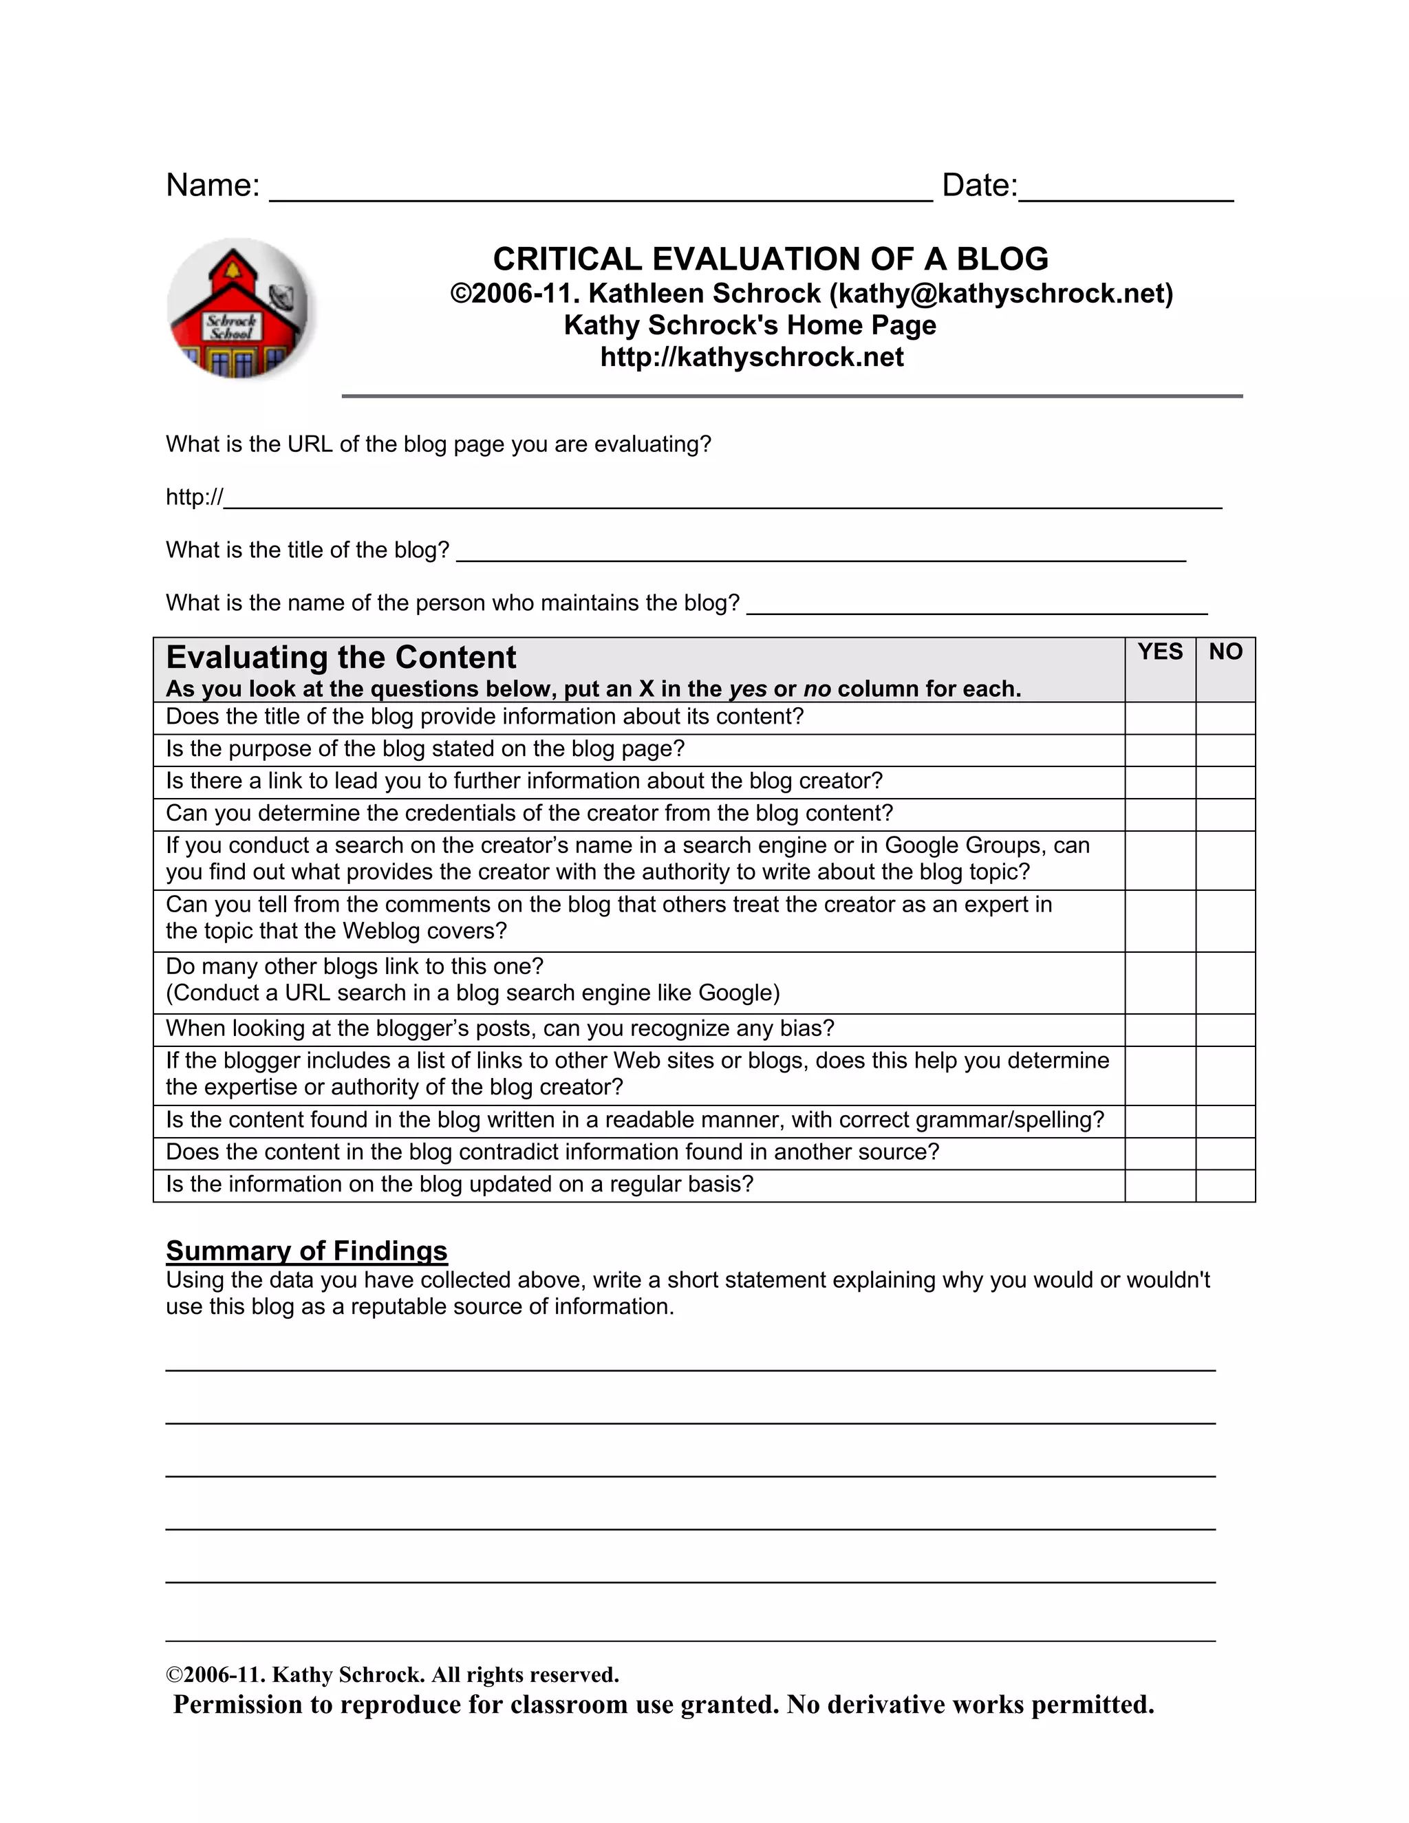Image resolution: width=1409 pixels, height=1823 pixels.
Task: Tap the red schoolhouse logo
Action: (238, 309)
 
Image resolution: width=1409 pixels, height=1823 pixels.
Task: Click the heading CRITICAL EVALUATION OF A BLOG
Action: (771, 259)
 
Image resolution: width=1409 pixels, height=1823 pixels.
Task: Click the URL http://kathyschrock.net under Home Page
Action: (751, 357)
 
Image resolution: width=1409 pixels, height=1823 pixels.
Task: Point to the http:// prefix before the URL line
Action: (193, 497)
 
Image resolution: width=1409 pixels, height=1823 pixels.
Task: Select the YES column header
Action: (1159, 652)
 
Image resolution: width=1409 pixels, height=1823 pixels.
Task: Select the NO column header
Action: (1225, 652)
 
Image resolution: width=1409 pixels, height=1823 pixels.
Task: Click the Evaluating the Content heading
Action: (341, 658)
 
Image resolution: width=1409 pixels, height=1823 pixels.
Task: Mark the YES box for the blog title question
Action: (1159, 718)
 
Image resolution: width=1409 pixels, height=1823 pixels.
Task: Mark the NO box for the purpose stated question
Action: (1225, 750)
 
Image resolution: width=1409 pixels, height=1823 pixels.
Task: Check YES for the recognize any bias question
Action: (1159, 1029)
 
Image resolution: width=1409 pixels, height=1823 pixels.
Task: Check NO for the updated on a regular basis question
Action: (1225, 1185)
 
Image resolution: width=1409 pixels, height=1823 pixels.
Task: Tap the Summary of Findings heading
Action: (306, 1251)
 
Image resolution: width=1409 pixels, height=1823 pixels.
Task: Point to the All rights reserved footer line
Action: (392, 1674)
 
